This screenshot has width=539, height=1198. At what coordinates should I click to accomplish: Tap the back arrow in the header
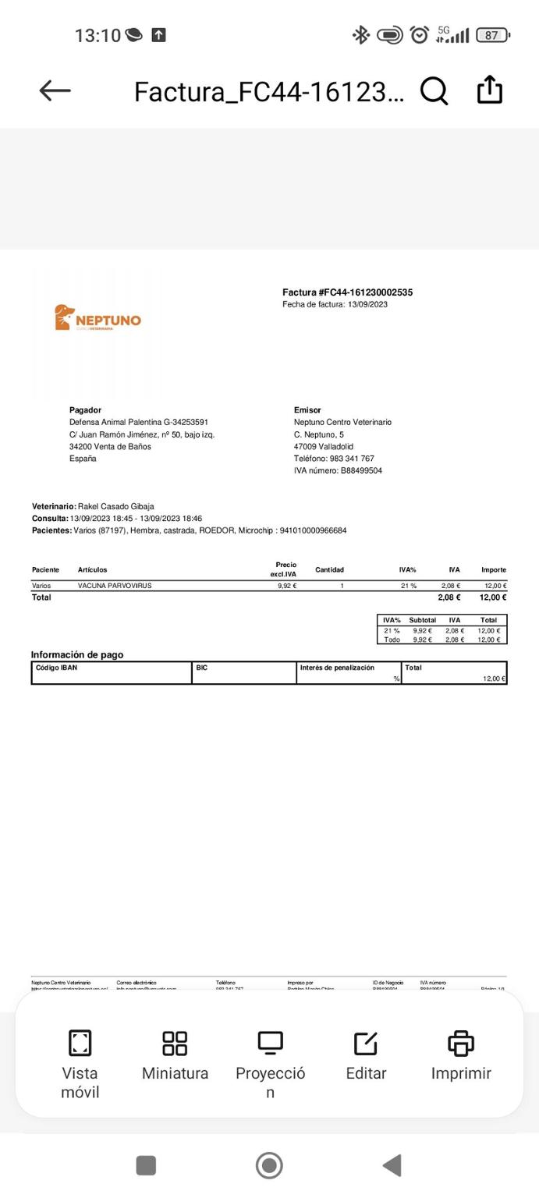pyautogui.click(x=55, y=91)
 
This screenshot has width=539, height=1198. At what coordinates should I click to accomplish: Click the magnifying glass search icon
pyautogui.click(x=434, y=91)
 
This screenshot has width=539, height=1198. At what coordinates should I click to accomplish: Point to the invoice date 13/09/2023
pyautogui.click(x=367, y=304)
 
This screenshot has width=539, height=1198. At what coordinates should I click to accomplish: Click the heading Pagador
pyautogui.click(x=85, y=410)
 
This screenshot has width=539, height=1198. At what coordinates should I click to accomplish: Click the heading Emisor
pyautogui.click(x=307, y=410)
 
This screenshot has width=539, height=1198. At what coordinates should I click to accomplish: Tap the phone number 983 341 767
pyautogui.click(x=351, y=459)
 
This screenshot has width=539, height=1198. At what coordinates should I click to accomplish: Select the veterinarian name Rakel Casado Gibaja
pyautogui.click(x=115, y=506)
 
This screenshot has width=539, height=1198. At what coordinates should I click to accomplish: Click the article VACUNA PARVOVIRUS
pyautogui.click(x=115, y=586)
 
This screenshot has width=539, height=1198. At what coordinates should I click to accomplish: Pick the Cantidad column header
pyautogui.click(x=329, y=569)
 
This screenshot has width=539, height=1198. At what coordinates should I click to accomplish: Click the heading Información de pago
pyautogui.click(x=76, y=654)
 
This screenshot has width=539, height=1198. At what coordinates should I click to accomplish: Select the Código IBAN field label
pyautogui.click(x=56, y=668)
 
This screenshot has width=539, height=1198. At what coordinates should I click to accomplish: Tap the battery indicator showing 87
pyautogui.click(x=491, y=35)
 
